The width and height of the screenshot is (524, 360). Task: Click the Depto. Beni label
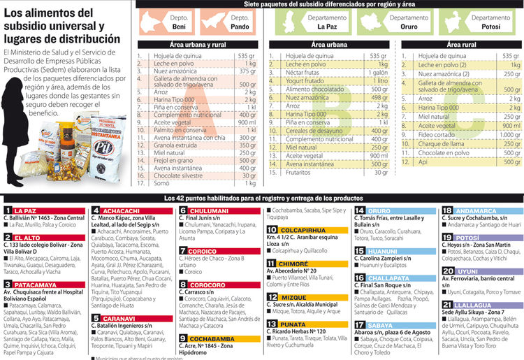[x=179, y=22]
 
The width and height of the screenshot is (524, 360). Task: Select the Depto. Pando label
[x=240, y=22]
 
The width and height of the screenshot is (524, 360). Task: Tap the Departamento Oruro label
[x=409, y=22]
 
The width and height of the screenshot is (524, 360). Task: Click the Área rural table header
[x=462, y=44]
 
